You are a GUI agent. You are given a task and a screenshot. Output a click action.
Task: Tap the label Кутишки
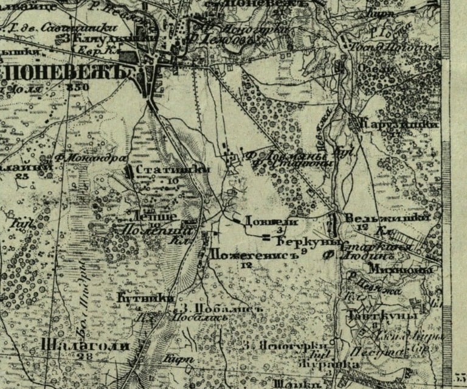[145, 298]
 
